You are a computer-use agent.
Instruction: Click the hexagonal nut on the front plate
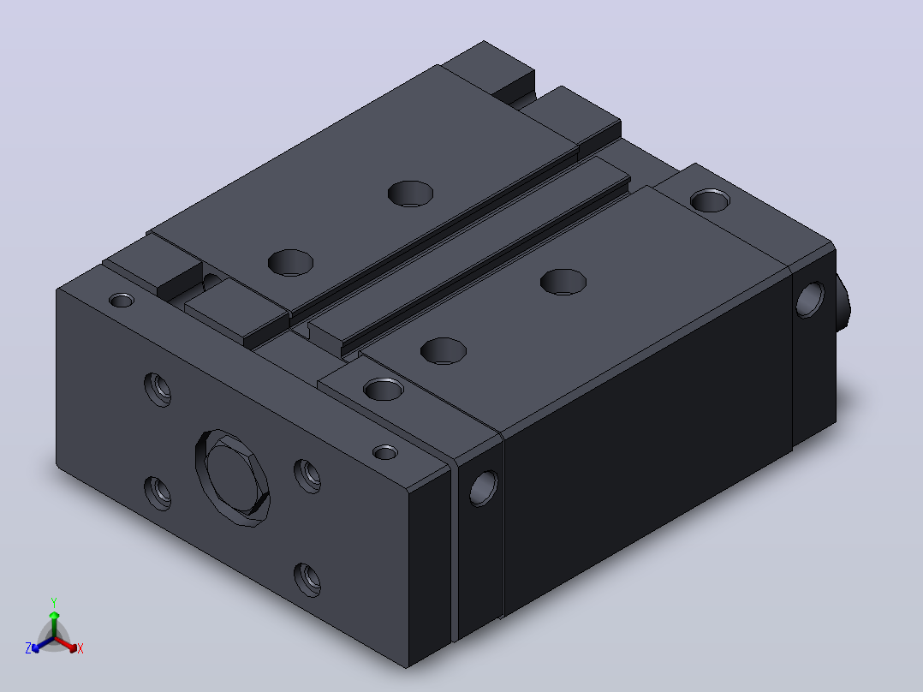[x=233, y=478]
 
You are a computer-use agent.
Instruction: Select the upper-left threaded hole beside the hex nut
[x=158, y=390]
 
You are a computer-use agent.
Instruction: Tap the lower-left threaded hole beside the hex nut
[x=158, y=493]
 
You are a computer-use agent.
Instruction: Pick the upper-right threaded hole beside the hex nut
[x=307, y=476]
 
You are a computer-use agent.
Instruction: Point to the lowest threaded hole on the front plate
[x=307, y=580]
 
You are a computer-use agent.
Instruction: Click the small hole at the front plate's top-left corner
[x=122, y=301]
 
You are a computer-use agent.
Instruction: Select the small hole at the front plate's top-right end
[x=385, y=452]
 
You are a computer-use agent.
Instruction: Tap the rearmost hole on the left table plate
[x=410, y=194]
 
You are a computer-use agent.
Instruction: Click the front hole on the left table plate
[x=291, y=263]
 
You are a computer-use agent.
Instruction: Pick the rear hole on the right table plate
[x=563, y=282]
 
